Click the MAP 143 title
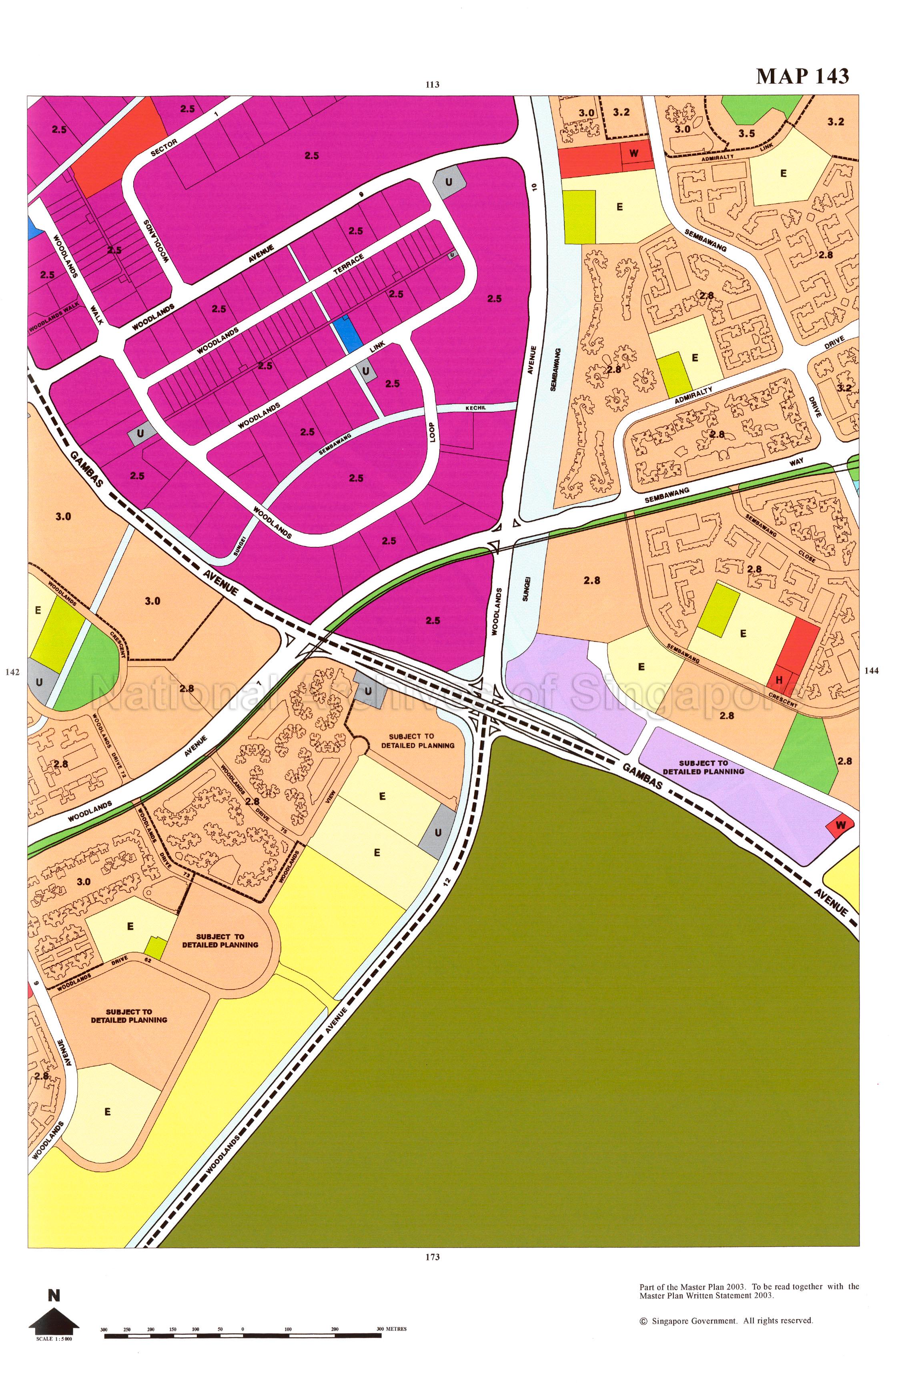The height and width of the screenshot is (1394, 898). point(802,76)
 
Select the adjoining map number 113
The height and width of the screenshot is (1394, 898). point(432,84)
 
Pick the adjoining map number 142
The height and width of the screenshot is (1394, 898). point(12,672)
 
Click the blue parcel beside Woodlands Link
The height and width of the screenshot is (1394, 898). point(347,333)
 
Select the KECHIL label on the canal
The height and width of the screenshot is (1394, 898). point(475,408)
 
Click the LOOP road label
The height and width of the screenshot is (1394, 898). point(432,432)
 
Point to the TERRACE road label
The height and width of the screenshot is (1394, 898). point(349,264)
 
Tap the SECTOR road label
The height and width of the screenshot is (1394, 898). point(164,148)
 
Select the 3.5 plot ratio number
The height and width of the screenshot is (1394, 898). point(746,133)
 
